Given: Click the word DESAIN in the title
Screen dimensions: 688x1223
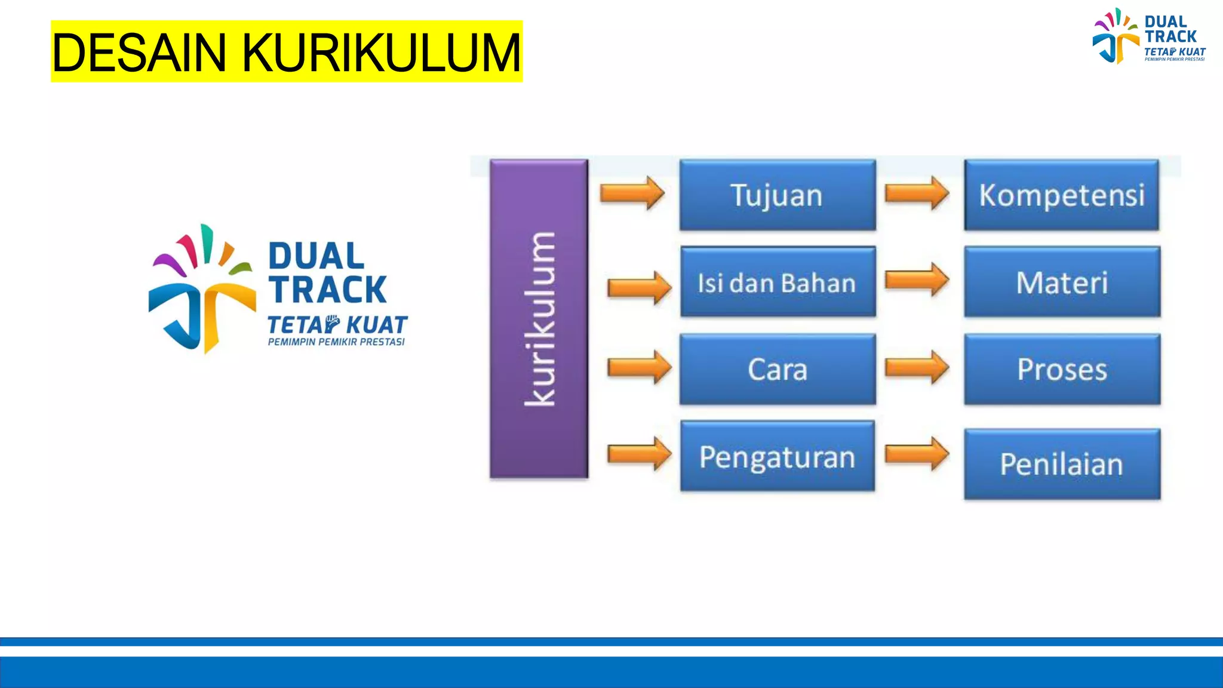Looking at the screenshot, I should click(x=139, y=53).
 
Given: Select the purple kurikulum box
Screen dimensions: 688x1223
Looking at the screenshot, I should click(x=539, y=319).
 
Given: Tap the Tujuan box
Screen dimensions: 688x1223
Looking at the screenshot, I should click(x=777, y=195).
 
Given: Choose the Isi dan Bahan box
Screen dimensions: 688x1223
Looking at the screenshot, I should click(x=778, y=282).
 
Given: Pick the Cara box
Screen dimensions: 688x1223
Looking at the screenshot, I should click(x=778, y=369).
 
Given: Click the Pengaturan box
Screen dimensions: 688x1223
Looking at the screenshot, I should click(x=778, y=457).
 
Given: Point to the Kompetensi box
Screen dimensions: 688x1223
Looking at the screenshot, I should click(x=1062, y=195).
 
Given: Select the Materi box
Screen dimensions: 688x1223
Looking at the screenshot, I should click(x=1062, y=282).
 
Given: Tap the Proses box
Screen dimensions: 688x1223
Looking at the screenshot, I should click(x=1062, y=369).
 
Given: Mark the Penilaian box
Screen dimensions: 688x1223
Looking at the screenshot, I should click(x=1062, y=464).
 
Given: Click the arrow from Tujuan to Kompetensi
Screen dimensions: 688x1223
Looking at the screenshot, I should click(x=917, y=193).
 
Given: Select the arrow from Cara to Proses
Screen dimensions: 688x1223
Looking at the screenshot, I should click(x=917, y=367).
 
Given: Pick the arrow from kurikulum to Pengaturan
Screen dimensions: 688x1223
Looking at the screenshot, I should click(x=639, y=454).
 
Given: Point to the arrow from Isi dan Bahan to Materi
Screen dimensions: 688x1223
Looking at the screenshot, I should click(x=917, y=279).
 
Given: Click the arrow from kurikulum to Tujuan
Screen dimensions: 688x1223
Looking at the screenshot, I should click(x=632, y=193).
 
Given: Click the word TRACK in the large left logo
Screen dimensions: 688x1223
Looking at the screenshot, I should click(x=328, y=290).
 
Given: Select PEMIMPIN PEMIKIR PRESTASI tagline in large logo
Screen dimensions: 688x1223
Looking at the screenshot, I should click(x=336, y=342).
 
